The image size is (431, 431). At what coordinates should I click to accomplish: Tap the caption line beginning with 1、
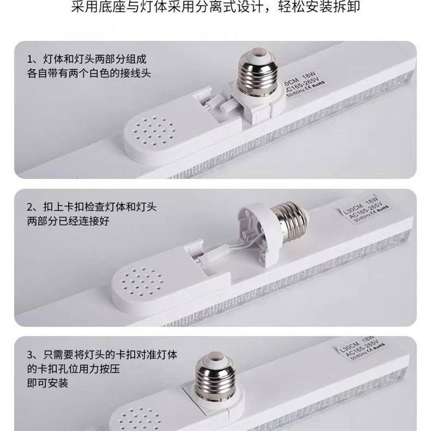[86, 59]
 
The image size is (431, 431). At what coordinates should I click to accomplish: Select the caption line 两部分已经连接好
[67, 221]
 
